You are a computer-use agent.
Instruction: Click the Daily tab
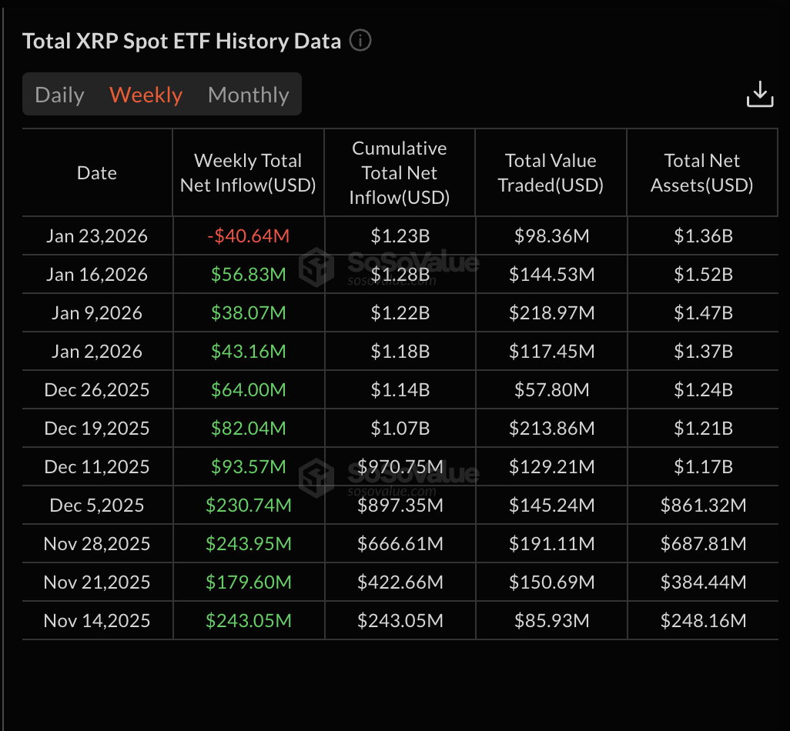pos(59,95)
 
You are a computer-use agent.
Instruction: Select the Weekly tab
pos(146,95)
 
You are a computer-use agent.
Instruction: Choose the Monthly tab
pos(248,95)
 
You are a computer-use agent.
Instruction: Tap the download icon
pos(759,94)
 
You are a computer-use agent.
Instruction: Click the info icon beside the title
pos(360,40)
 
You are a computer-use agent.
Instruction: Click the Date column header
pos(97,173)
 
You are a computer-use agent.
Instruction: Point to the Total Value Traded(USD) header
pos(551,173)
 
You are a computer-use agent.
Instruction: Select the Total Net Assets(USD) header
pos(701,173)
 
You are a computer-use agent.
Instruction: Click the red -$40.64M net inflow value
pos(248,236)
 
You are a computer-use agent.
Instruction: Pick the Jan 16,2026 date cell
pos(97,275)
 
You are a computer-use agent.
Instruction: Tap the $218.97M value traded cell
pos(551,313)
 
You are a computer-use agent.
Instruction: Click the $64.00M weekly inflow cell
pos(248,390)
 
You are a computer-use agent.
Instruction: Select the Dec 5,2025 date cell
pos(97,506)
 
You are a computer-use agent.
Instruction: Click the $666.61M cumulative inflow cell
pos(400,544)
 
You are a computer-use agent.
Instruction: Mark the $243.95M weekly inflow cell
pos(248,544)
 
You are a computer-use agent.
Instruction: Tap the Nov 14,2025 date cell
pos(97,621)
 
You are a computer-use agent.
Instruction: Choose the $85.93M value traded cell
pos(551,621)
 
